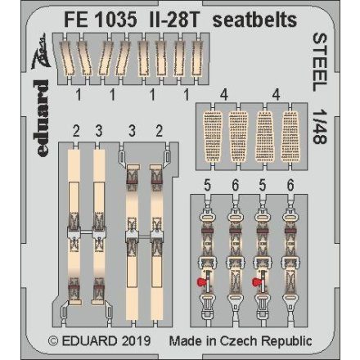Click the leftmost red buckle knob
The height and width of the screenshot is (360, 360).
point(200,282)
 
